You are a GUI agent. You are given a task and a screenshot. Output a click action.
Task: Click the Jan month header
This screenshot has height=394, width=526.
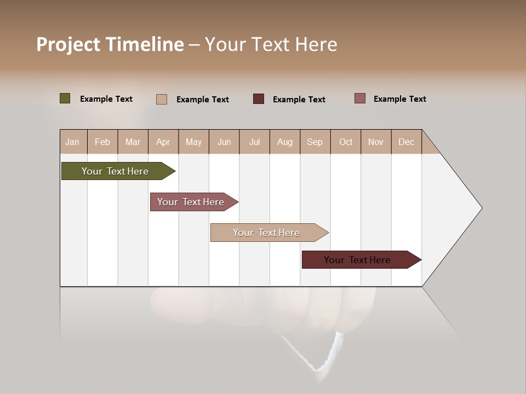tap(72, 142)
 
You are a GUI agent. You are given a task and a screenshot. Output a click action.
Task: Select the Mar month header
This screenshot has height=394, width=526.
tap(133, 142)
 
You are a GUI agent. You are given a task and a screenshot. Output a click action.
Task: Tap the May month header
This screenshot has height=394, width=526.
tap(193, 142)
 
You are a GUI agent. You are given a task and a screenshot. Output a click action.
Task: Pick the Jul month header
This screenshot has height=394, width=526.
tap(254, 142)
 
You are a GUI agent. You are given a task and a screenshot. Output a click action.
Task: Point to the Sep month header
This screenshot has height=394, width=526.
tap(315, 142)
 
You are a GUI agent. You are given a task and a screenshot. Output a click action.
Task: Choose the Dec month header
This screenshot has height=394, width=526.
tap(406, 142)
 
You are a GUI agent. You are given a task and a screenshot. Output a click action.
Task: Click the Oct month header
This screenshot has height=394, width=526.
tap(346, 142)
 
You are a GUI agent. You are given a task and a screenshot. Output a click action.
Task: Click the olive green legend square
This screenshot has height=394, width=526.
tap(65, 99)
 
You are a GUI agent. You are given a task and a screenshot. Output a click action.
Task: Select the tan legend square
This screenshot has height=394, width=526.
tap(162, 99)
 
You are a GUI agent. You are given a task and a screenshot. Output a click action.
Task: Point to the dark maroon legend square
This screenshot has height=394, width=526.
tap(259, 99)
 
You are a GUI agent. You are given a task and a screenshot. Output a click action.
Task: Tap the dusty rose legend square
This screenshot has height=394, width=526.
tap(360, 99)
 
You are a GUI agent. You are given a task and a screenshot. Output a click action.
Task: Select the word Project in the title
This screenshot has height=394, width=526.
tap(68, 44)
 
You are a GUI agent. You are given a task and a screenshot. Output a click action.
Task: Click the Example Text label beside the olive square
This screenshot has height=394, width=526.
tap(106, 99)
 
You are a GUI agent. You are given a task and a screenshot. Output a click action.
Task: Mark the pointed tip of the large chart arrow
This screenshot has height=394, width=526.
tap(481, 208)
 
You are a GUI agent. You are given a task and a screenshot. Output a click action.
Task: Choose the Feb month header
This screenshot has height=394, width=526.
tap(102, 142)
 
